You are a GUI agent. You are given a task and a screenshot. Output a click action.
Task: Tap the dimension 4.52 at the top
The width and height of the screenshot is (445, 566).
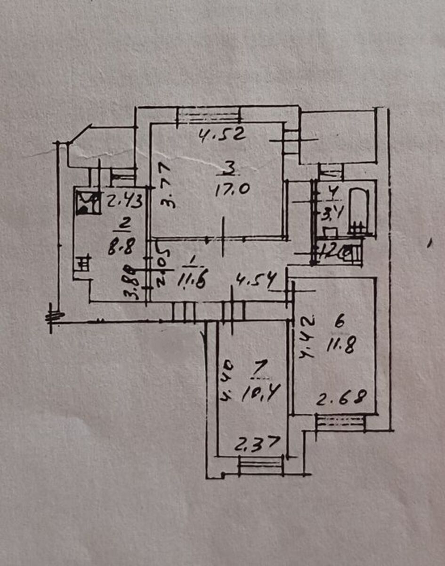[x=222, y=136]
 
